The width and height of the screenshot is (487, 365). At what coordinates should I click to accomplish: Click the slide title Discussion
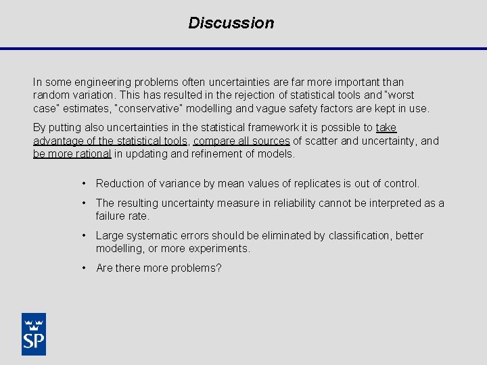click(x=231, y=23)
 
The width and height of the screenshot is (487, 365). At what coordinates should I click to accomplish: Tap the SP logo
click(x=34, y=333)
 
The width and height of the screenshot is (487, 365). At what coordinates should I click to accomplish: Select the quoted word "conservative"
click(x=153, y=108)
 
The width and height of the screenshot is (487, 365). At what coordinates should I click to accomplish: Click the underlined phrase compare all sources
click(x=242, y=141)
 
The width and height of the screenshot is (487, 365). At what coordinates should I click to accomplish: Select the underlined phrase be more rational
click(x=72, y=153)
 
